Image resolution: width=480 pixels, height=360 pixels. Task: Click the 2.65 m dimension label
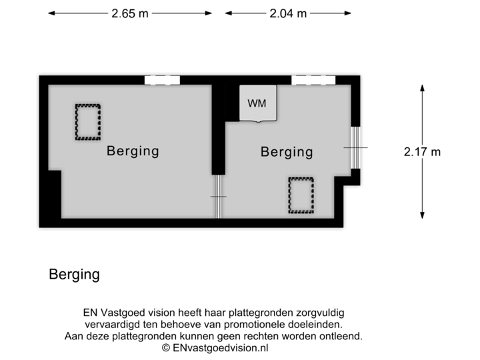pyautogui.click(x=130, y=13)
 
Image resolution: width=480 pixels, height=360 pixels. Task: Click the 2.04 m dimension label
pyautogui.click(x=287, y=13)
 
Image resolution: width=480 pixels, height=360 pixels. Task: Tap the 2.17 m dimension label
pyautogui.click(x=422, y=151)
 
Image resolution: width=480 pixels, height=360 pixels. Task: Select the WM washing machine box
pyautogui.click(x=257, y=103)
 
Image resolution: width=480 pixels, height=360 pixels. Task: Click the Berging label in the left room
pyautogui.click(x=133, y=151)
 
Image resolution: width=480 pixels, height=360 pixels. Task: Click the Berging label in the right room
pyautogui.click(x=287, y=152)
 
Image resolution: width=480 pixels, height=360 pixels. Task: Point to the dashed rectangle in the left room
pyautogui.click(x=87, y=121)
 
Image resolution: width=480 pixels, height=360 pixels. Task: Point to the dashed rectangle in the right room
pyautogui.click(x=301, y=194)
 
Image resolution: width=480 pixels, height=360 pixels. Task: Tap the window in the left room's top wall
pyautogui.click(x=163, y=80)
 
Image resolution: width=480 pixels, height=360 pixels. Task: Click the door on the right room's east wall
pyautogui.click(x=356, y=147)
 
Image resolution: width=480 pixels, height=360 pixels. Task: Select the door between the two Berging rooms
pyautogui.click(x=218, y=196)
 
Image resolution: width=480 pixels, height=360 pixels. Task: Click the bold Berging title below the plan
pyautogui.click(x=74, y=275)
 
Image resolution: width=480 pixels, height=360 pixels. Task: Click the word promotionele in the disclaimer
pyautogui.click(x=257, y=325)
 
